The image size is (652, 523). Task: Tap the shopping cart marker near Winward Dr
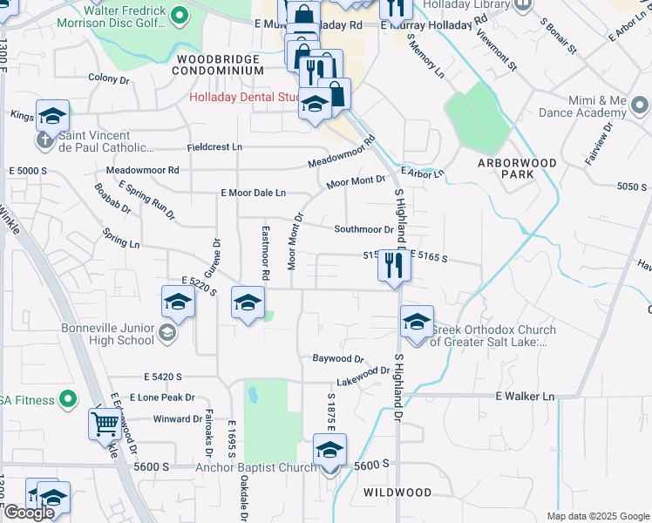[x=105, y=425]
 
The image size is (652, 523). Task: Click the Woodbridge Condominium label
[x=218, y=65]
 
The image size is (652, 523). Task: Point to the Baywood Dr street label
[x=337, y=358]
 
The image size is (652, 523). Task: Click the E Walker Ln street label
[x=524, y=397]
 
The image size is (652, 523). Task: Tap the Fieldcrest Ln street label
[x=213, y=147]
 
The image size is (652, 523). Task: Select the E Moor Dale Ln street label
[x=254, y=193]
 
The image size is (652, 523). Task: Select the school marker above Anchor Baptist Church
[x=329, y=451]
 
